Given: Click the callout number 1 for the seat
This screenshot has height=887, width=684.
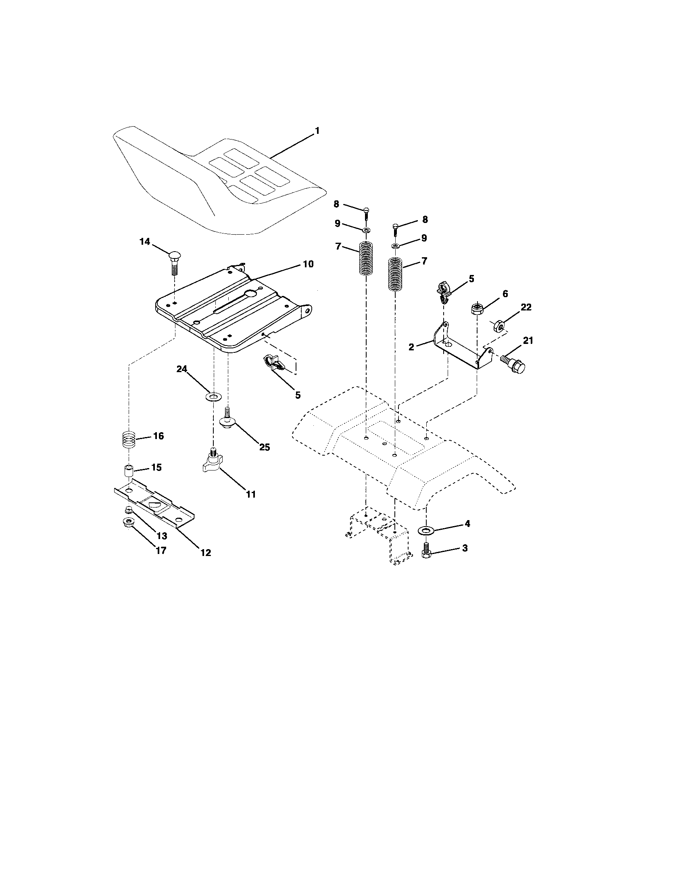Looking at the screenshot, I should coord(317,131).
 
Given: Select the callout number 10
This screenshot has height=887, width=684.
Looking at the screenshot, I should coord(308,264).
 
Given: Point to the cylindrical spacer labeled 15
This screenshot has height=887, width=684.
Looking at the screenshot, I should coord(129,473).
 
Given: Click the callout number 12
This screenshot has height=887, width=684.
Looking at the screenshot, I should coord(206,552).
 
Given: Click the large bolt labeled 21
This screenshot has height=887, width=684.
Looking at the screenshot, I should coord(514,364).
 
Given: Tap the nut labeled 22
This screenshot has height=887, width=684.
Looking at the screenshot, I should coord(498,325).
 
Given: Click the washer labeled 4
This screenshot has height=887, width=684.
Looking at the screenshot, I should coord(425,530).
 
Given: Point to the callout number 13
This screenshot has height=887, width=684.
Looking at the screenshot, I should coord(162,536).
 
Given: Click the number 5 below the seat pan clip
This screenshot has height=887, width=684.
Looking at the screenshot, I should coord(298,395).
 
